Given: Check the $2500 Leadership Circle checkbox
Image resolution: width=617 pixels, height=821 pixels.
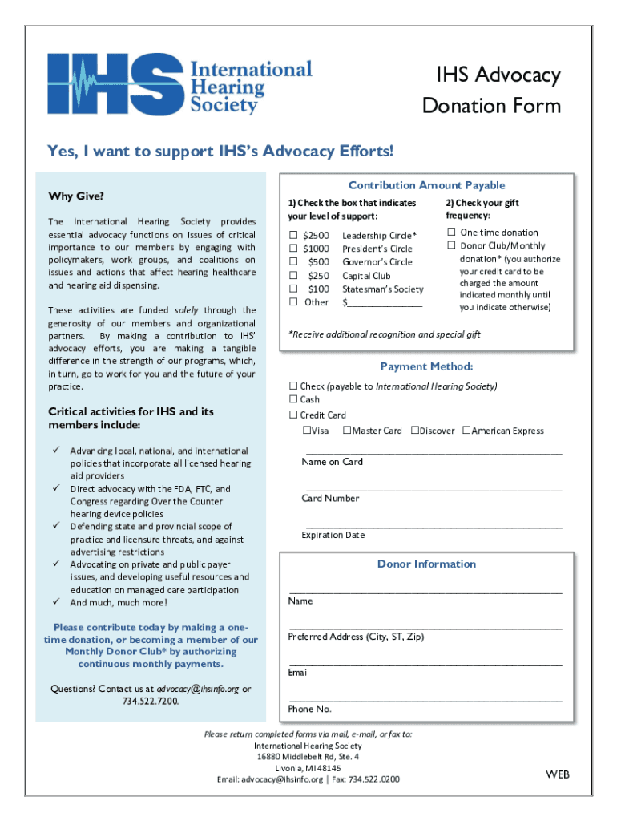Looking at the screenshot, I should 293,235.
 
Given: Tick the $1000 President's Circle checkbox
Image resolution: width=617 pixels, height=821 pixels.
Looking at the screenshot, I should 293,249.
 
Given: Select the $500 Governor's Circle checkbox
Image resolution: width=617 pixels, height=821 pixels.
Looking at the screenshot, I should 293,262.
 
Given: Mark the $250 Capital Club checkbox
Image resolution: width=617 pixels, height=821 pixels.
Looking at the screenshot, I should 293,276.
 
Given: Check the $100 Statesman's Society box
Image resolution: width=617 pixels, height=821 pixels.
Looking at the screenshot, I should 293,289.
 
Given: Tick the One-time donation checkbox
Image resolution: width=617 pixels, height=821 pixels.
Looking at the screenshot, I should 451,233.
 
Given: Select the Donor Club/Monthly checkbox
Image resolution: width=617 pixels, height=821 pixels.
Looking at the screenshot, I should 451,245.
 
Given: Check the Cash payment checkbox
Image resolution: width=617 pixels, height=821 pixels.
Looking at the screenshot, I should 293,399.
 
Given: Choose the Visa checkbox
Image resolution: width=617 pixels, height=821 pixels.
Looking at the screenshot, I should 307,431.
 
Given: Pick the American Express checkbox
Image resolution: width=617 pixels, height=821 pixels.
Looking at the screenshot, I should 466,431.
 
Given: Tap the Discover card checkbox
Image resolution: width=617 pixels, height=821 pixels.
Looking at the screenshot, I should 415,431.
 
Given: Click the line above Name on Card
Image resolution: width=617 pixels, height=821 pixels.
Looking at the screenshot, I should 433,453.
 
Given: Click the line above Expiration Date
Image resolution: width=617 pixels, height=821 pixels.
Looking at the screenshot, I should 433,527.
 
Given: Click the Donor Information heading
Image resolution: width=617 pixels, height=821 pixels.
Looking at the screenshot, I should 426,564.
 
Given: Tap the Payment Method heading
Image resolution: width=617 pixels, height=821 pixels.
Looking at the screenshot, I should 426,366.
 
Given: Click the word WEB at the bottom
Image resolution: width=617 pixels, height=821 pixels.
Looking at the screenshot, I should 558,774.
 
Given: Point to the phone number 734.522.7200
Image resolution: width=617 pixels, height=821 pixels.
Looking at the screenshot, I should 151,701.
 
